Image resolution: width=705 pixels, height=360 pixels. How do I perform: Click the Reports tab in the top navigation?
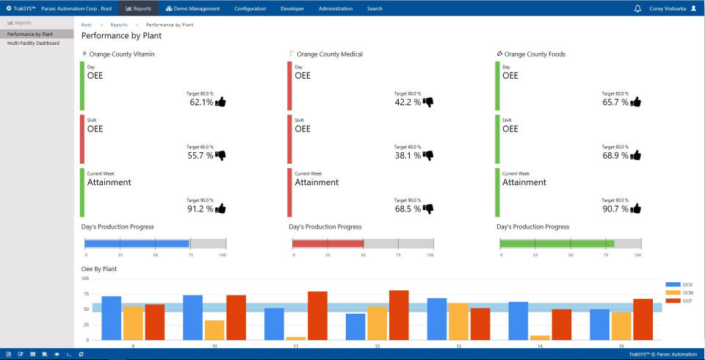138,9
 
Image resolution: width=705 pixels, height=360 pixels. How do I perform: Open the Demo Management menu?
192,9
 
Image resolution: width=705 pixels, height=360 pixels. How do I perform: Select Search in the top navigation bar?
375,9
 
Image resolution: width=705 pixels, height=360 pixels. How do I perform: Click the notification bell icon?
637,9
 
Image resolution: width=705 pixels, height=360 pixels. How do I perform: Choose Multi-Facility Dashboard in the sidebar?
33,43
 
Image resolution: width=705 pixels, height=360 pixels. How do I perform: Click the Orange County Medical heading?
329,54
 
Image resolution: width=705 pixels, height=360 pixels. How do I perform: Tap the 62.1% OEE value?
201,103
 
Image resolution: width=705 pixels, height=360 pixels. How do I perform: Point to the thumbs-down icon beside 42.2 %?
428,102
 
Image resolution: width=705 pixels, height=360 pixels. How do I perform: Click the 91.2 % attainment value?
200,209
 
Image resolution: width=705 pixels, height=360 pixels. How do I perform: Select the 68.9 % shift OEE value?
615,156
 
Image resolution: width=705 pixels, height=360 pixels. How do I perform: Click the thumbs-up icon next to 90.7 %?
636,209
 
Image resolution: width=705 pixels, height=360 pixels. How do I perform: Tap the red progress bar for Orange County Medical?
328,243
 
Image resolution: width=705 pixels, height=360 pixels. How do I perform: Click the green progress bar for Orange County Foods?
557,243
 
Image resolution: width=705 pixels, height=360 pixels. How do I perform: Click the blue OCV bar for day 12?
355,326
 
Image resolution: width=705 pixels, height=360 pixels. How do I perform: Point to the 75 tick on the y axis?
86,294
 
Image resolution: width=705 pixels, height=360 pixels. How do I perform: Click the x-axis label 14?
540,345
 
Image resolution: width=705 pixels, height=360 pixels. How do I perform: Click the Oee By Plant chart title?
99,269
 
